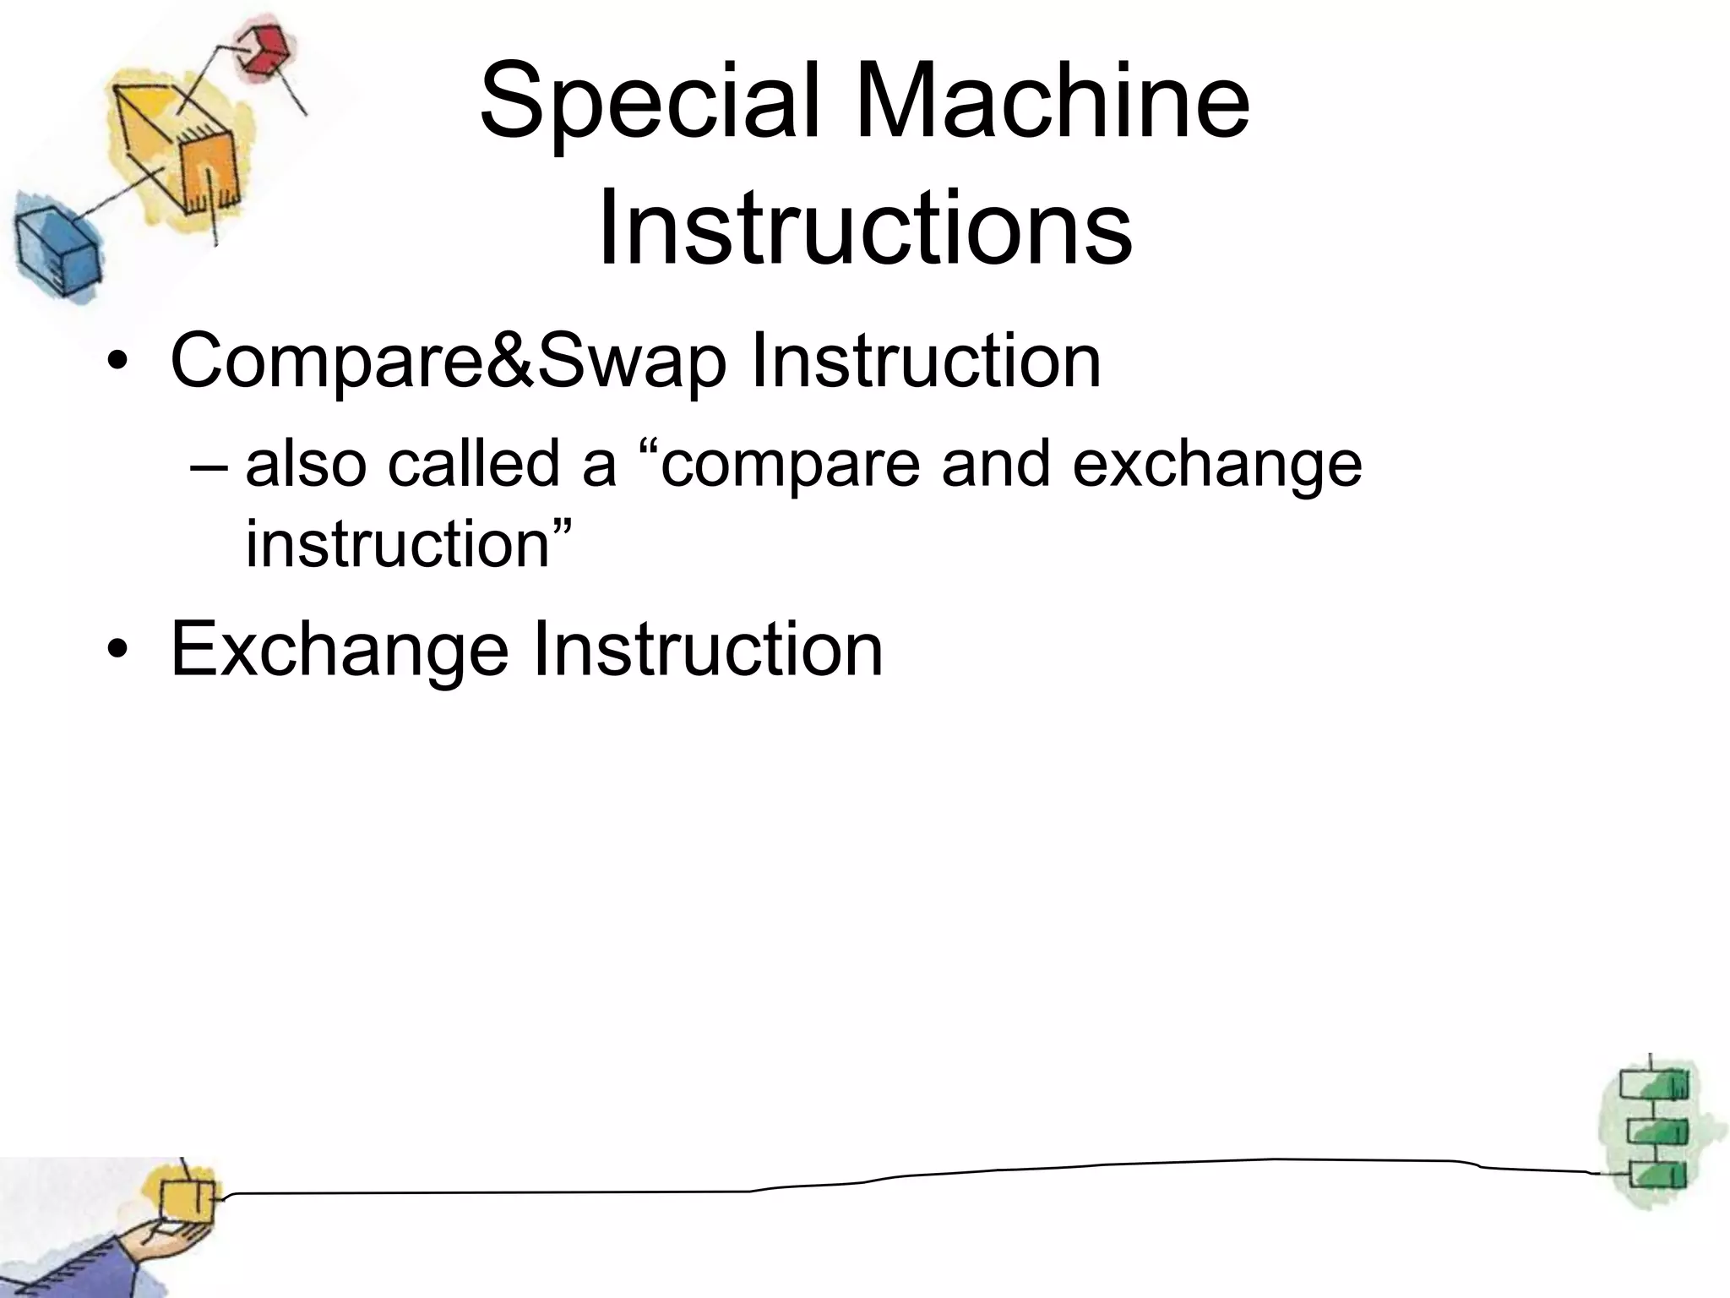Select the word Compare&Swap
448,362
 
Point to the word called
473,464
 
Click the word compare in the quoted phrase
790,466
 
